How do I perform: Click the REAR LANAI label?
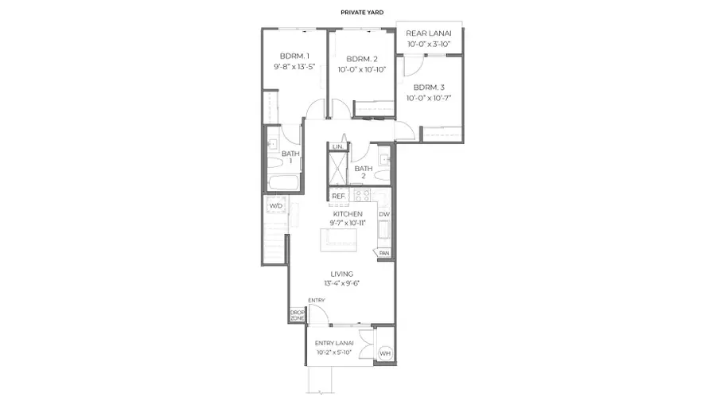click(429, 33)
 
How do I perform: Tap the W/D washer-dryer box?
click(275, 205)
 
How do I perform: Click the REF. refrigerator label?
click(338, 196)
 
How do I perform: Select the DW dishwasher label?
click(383, 214)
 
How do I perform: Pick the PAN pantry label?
click(384, 253)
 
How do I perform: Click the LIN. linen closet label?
click(337, 147)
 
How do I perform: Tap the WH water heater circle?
click(384, 353)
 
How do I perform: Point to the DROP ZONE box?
click(297, 314)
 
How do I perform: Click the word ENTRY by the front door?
click(317, 300)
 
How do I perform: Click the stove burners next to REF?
click(358, 195)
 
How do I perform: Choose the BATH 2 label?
click(364, 172)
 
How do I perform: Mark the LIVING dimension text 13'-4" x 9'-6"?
click(342, 283)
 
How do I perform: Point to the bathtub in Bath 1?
click(283, 184)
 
